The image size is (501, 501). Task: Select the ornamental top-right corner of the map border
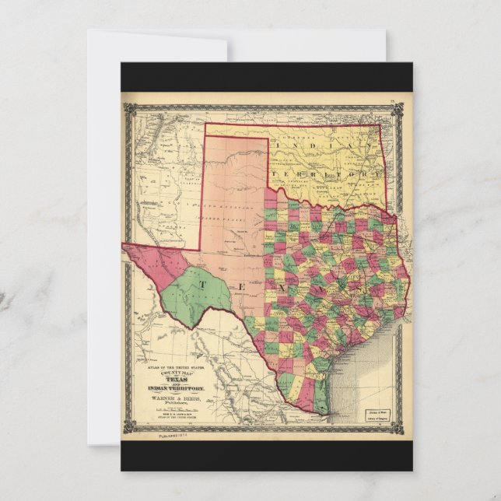(x=405, y=99)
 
